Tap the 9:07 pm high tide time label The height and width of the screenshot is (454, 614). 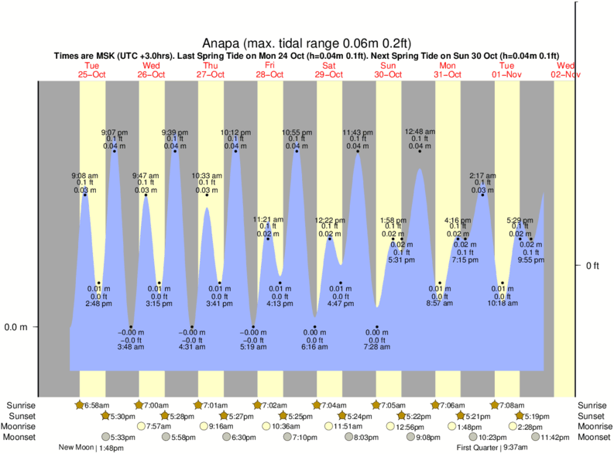pyautogui.click(x=115, y=131)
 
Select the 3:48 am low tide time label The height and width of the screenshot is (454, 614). pyautogui.click(x=131, y=346)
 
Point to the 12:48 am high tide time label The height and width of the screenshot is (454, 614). pyautogui.click(x=420, y=131)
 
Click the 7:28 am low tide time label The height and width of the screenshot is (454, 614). pyautogui.click(x=377, y=346)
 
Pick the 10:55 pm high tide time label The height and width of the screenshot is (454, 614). pyautogui.click(x=296, y=131)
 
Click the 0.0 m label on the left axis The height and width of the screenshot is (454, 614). pyautogui.click(x=15, y=327)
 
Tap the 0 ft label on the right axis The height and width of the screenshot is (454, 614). pyautogui.click(x=592, y=267)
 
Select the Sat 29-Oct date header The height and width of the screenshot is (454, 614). pyautogui.click(x=329, y=70)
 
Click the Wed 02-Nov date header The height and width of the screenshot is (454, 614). pyautogui.click(x=565, y=70)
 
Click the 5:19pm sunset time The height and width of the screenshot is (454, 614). pyautogui.click(x=541, y=416)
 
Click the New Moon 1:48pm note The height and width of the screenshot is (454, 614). pyautogui.click(x=91, y=448)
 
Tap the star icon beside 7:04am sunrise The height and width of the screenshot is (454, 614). pyautogui.click(x=316, y=405)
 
